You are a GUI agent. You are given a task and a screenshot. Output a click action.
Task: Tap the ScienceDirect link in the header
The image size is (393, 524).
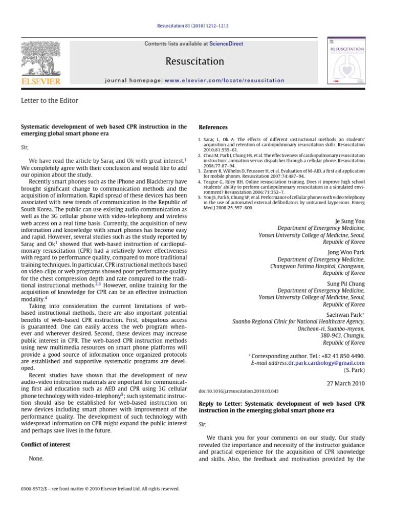point(229,44)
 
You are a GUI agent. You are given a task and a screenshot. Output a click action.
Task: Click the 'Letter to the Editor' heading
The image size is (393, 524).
point(49,101)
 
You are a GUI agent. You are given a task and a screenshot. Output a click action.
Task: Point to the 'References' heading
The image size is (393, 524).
point(213,127)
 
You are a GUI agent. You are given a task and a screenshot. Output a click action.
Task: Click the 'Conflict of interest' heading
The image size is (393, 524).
point(46,445)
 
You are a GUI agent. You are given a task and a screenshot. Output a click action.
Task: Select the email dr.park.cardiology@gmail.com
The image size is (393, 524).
point(326,363)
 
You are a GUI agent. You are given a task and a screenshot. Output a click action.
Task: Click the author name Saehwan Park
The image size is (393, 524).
point(343,315)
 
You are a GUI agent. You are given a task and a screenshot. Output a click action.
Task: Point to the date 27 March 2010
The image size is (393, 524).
point(345,383)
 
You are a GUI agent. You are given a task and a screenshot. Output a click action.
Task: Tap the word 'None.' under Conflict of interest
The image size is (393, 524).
point(36,458)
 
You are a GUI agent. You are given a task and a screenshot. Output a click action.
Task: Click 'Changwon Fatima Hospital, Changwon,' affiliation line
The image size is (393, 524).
point(317,267)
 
